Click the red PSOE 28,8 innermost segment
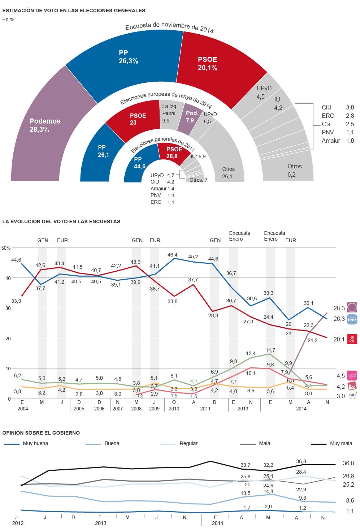click(x=173, y=152)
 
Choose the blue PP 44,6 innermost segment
click(x=139, y=163)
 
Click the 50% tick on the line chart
click(x=6, y=248)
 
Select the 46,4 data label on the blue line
click(x=173, y=255)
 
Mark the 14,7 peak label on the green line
click(x=270, y=350)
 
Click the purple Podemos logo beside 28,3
click(x=352, y=307)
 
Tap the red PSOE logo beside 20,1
click(x=352, y=339)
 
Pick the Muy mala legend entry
click(x=341, y=443)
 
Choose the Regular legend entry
click(x=188, y=443)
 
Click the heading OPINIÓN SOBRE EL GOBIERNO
click(x=41, y=433)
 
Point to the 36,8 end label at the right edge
click(x=348, y=463)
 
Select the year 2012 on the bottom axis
click(x=18, y=523)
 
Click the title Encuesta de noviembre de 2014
click(x=169, y=27)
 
